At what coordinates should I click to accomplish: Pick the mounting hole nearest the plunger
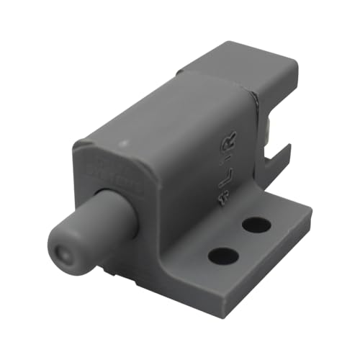click(224, 255)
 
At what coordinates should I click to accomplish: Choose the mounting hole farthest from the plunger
click(256, 225)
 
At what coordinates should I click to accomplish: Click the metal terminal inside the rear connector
click(268, 130)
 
